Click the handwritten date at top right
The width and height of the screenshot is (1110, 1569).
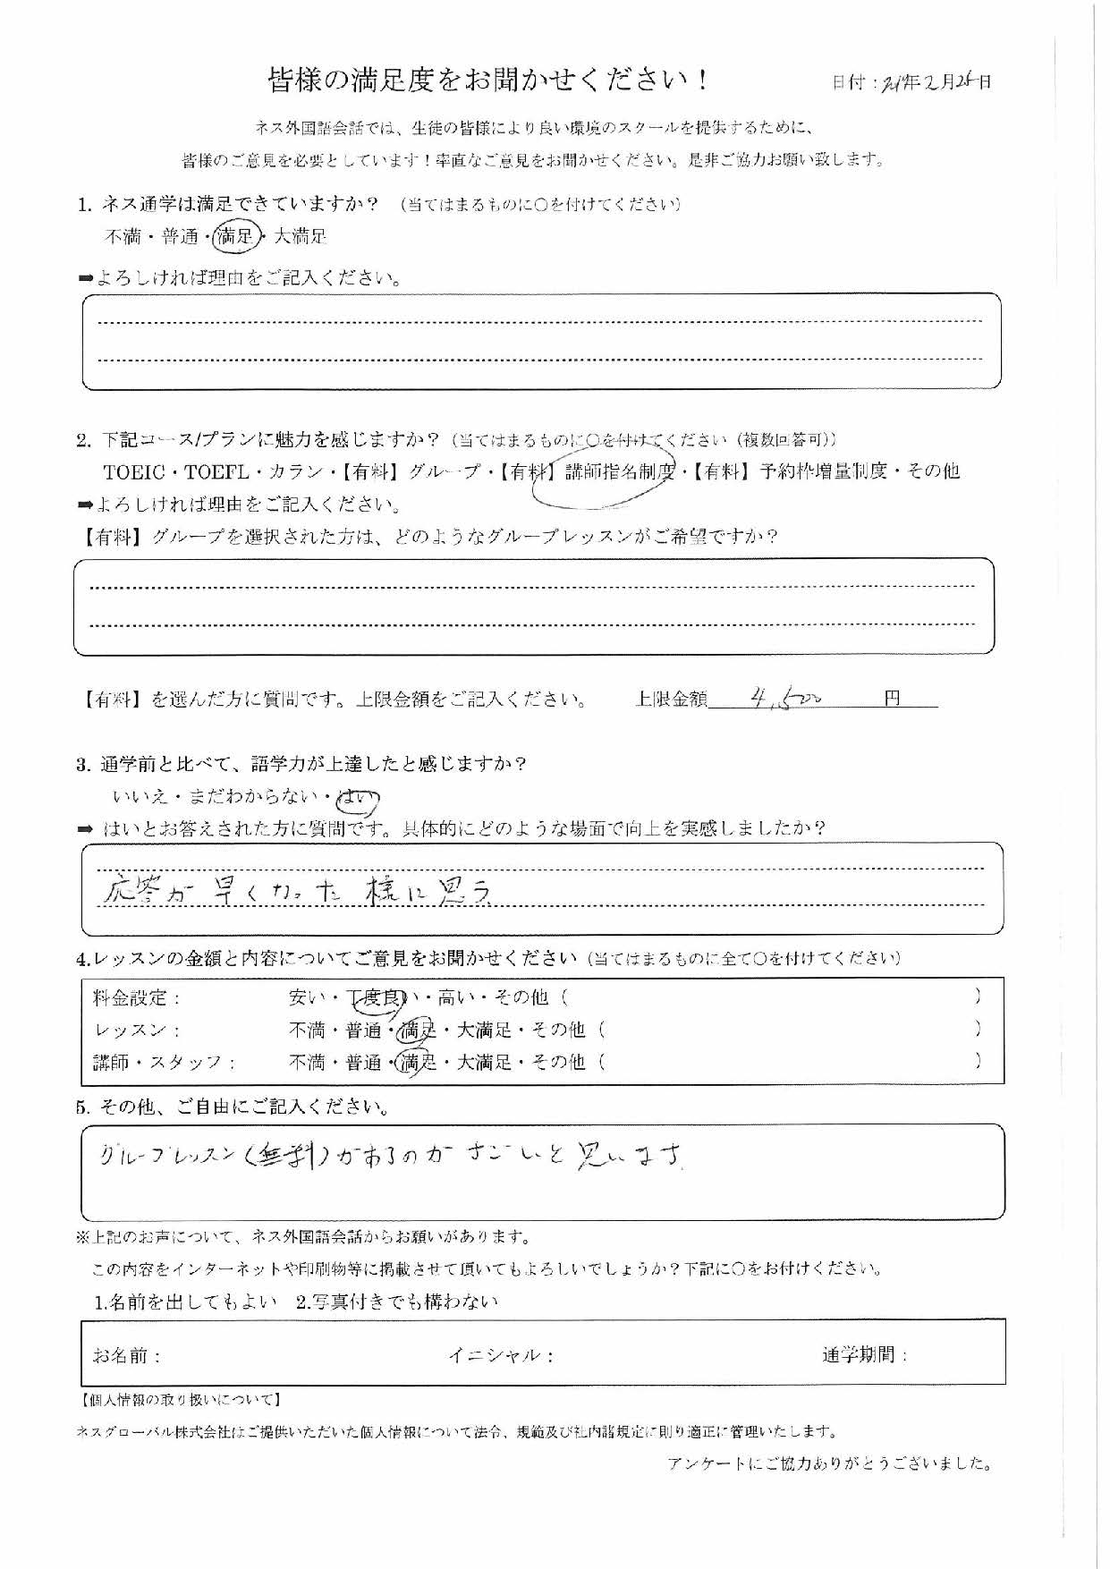[x=930, y=81]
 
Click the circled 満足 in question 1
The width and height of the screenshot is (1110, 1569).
[x=237, y=236]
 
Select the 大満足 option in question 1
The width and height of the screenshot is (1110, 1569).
[x=300, y=237]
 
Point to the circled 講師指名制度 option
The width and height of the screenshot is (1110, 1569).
[x=618, y=471]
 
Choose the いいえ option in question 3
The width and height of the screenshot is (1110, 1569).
[x=140, y=796]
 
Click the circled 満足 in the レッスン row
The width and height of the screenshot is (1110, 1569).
[x=418, y=1030]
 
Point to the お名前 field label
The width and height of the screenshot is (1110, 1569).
[x=126, y=1355]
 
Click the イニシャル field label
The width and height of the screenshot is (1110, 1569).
[x=500, y=1355]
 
